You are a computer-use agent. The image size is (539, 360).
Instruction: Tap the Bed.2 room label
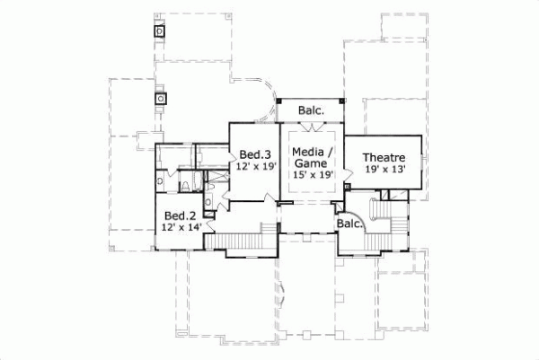tap(179, 216)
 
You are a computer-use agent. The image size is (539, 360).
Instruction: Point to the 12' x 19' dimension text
tap(254, 166)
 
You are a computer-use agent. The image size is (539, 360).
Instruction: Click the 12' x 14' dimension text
tap(181, 228)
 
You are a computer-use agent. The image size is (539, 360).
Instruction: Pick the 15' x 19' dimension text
tap(313, 174)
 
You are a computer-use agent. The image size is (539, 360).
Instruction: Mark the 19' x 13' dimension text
tap(385, 169)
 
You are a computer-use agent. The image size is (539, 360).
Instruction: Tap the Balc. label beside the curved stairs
tap(349, 224)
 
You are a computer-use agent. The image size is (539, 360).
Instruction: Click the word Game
tap(312, 162)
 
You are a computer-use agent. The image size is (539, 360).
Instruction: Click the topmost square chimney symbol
tap(161, 31)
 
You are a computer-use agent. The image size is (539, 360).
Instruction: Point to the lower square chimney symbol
tap(163, 98)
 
